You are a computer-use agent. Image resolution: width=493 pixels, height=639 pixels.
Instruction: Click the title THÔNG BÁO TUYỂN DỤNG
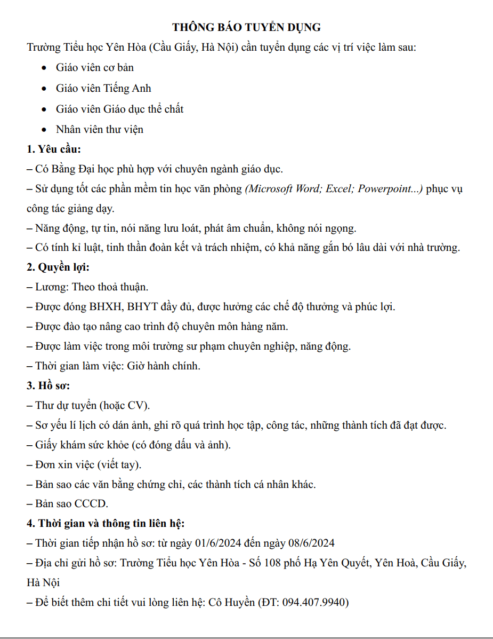[246, 27]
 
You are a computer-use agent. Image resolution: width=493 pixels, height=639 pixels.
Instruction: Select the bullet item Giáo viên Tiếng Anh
[103, 89]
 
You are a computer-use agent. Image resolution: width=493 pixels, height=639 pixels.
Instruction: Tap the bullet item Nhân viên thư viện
[99, 129]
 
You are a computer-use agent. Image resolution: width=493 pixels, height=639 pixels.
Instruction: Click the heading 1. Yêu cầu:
[54, 149]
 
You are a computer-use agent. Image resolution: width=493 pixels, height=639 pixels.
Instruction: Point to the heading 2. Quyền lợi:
[58, 267]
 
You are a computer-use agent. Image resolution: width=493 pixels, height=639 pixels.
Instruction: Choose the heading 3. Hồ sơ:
[49, 385]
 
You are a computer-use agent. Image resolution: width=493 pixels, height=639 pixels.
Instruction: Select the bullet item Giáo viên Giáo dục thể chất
[119, 109]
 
